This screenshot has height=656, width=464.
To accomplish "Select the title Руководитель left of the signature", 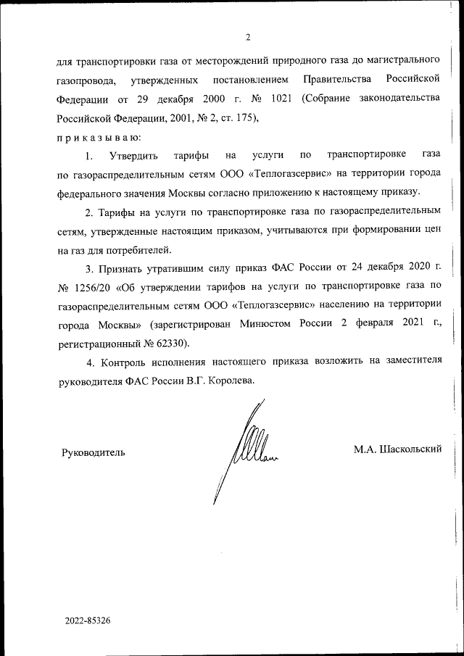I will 92,452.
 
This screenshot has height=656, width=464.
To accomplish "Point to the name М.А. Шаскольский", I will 397,449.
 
